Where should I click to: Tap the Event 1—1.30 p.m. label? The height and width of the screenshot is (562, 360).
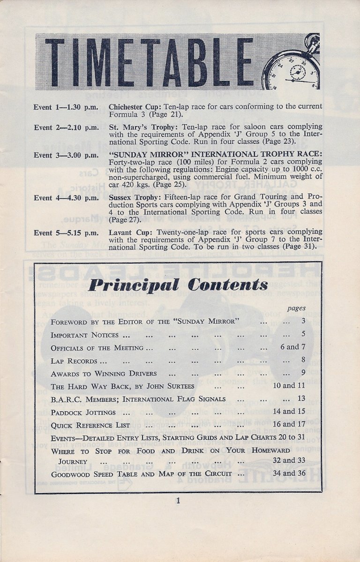(x=66, y=107)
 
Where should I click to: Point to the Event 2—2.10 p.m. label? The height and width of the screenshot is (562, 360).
(x=66, y=127)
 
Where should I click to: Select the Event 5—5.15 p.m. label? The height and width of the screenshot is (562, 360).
(x=66, y=232)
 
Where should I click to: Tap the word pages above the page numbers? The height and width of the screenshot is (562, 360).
(x=296, y=308)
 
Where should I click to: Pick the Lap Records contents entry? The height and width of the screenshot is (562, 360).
(x=74, y=361)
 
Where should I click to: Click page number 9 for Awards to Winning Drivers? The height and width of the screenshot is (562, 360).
(x=303, y=373)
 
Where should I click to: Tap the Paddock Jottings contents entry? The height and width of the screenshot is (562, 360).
(x=83, y=412)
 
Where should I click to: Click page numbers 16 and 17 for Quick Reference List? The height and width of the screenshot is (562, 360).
(x=289, y=425)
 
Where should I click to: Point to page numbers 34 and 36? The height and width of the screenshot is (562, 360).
(x=289, y=473)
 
